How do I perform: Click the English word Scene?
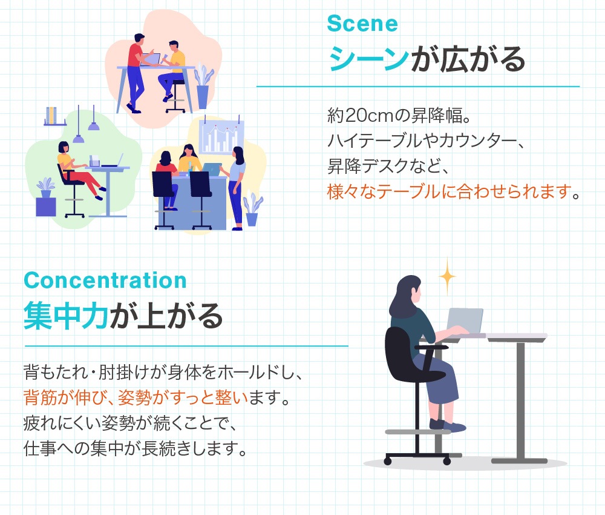tap(362, 24)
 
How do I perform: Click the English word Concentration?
tap(105, 281)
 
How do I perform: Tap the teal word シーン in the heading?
tap(368, 59)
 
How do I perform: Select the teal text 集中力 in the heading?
tap(66, 316)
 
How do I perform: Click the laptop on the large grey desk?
tap(464, 322)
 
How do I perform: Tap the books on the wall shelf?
tap(52, 115)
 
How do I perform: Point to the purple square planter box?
tap(45, 207)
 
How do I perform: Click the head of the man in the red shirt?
tap(139, 38)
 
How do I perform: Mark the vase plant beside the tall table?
tap(203, 88)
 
